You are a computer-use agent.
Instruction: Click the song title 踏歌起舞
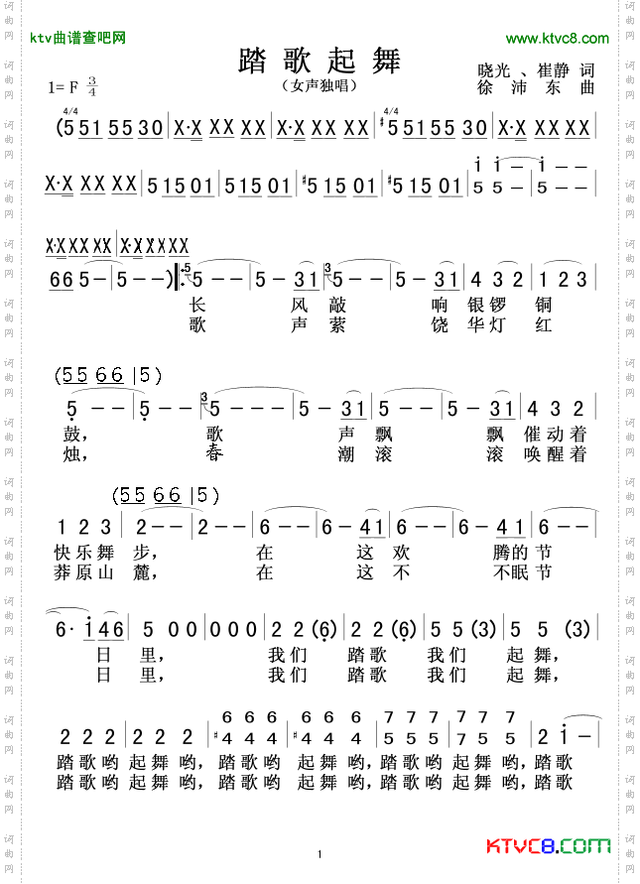tap(320, 61)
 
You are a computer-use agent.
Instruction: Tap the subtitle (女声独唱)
tap(320, 86)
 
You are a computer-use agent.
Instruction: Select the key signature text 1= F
tap(64, 87)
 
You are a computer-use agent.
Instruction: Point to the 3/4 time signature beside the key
tap(92, 87)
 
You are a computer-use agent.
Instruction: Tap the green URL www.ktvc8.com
tap(557, 39)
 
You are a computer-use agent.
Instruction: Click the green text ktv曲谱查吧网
tap(77, 39)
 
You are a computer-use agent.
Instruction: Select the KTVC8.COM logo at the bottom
tap(548, 846)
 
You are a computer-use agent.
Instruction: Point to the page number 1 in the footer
tap(320, 854)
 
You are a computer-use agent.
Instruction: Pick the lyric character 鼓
tap(70, 434)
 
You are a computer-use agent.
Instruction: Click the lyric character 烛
tap(70, 454)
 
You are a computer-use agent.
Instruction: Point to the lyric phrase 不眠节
tap(521, 572)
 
